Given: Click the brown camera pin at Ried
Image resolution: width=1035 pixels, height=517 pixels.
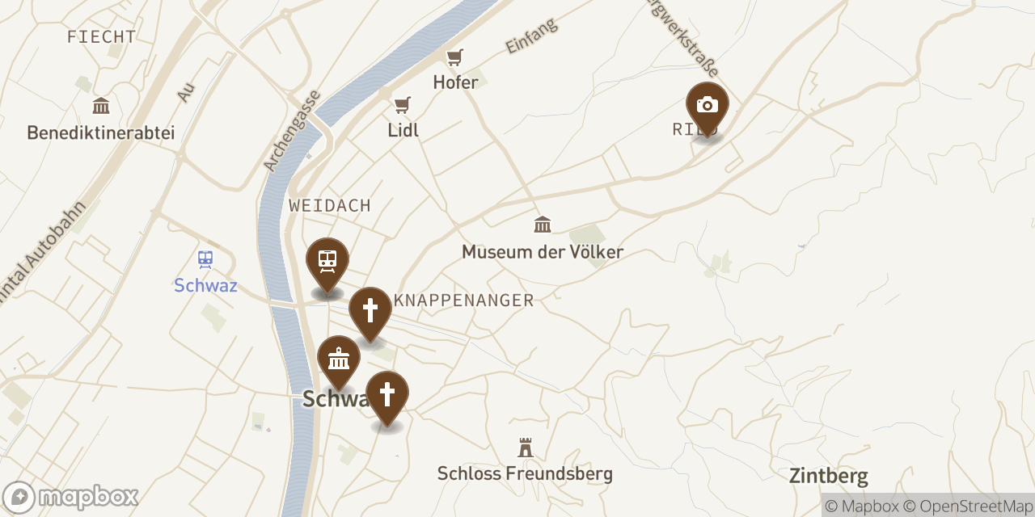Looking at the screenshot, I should pyautogui.click(x=707, y=106).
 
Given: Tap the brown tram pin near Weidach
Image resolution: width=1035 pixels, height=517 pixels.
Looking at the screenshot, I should pyautogui.click(x=327, y=261).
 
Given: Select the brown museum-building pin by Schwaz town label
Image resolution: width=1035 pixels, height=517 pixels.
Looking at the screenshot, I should pyautogui.click(x=339, y=358).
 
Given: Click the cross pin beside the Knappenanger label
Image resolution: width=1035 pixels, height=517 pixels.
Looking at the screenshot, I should pyautogui.click(x=370, y=309).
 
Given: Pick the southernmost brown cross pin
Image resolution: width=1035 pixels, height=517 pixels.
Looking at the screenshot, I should pyautogui.click(x=387, y=394).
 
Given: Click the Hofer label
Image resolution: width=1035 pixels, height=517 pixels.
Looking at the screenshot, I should pyautogui.click(x=455, y=82).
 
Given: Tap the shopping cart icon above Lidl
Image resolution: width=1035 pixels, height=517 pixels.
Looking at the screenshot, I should pyautogui.click(x=402, y=105).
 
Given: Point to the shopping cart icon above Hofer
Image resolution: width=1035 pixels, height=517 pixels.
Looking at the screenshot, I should pyautogui.click(x=454, y=57).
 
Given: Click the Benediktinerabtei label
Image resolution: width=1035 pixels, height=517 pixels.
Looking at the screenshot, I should pyautogui.click(x=101, y=132).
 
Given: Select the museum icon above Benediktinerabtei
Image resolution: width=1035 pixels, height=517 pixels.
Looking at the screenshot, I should pyautogui.click(x=101, y=106).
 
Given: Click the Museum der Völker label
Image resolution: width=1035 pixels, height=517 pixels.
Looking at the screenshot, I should pyautogui.click(x=543, y=252).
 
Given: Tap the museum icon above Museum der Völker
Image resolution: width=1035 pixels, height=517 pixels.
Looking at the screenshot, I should pyautogui.click(x=543, y=224).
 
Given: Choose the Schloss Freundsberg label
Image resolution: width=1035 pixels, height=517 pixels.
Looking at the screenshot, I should pyautogui.click(x=525, y=473).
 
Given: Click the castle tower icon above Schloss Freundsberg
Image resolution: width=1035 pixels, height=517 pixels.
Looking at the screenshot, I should pyautogui.click(x=526, y=448).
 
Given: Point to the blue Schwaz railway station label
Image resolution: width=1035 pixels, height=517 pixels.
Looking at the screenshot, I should pyautogui.click(x=205, y=285).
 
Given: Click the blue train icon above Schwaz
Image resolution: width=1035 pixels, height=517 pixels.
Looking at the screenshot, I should pyautogui.click(x=205, y=259).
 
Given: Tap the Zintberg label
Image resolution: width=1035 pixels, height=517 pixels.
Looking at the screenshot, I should pyautogui.click(x=829, y=476).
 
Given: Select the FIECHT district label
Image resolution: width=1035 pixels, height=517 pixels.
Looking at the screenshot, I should pyautogui.click(x=101, y=37).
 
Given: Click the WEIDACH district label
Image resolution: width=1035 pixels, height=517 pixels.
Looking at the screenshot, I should pyautogui.click(x=330, y=206).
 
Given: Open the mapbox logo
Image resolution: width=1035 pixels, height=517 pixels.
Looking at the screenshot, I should pyautogui.click(x=70, y=497).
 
